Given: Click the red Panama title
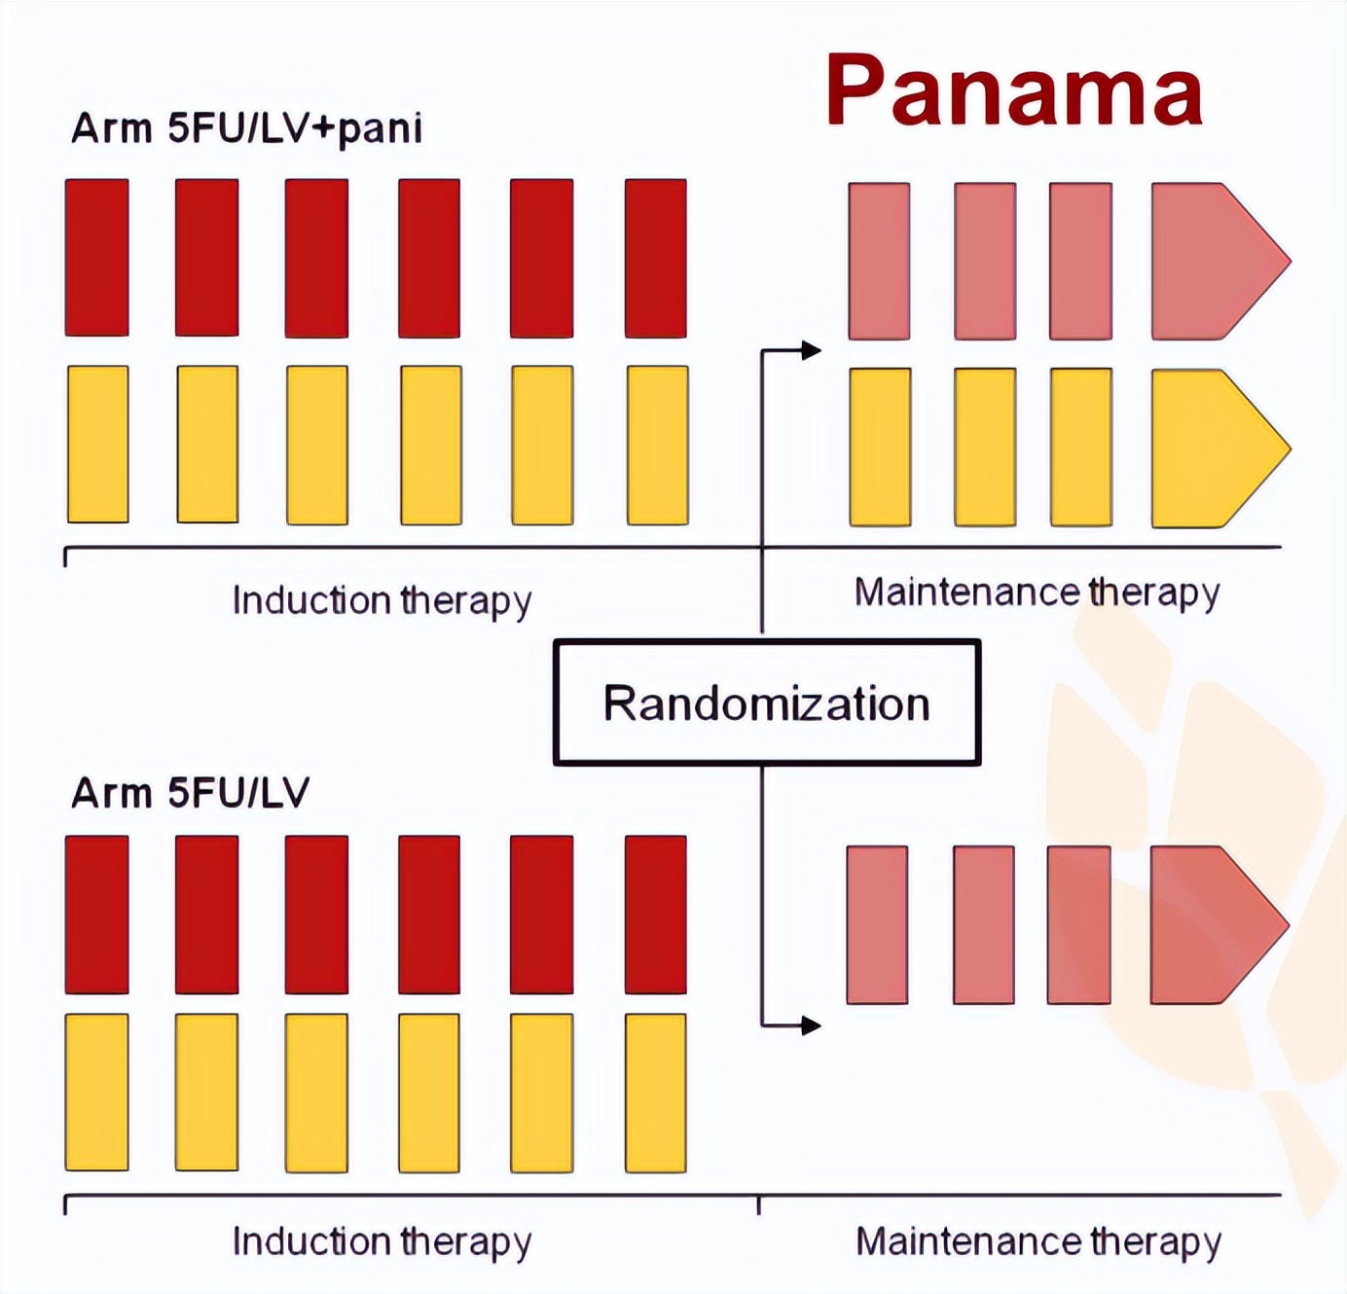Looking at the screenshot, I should (1014, 90).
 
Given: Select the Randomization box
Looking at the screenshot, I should (766, 702).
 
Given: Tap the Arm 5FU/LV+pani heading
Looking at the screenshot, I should (246, 128).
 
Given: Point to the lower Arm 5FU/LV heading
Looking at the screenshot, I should (190, 793).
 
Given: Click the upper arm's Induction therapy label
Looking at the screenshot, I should (382, 600).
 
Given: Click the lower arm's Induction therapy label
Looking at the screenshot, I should (382, 1241).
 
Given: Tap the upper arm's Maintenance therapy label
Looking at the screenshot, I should (1037, 593).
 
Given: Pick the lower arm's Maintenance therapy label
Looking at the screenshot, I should (1038, 1241).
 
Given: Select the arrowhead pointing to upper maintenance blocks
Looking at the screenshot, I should (811, 350).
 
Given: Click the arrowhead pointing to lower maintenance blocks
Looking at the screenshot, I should (811, 1024).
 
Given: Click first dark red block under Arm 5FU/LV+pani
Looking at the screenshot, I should (97, 258).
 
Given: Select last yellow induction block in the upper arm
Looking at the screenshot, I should (658, 445).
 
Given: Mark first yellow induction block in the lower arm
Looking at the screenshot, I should (97, 1092).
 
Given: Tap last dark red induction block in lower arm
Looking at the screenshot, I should (656, 915).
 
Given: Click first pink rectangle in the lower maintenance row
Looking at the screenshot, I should (877, 924).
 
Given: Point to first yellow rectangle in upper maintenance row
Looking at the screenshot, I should (880, 447).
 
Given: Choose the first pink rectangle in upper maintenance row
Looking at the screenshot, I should (879, 261).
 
